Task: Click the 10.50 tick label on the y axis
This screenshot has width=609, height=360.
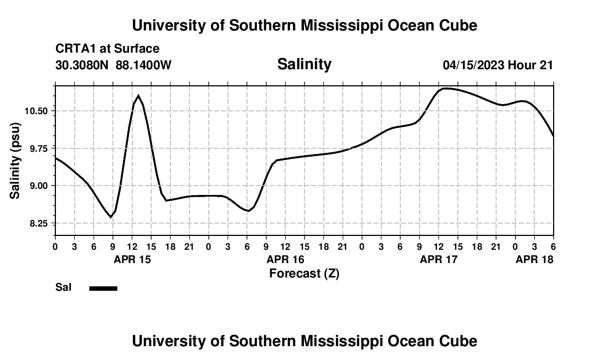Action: pos(36,111)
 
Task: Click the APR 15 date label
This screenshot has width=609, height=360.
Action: pos(132,259)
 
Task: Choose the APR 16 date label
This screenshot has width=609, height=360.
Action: pos(286,259)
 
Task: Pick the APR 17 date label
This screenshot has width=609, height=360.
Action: pos(439,259)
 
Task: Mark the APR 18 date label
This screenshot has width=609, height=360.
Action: pos(534,259)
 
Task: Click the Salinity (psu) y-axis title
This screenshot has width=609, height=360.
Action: pos(15,162)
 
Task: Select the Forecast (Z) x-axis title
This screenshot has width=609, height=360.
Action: pos(304,273)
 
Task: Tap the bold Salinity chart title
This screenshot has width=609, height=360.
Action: pos(304,64)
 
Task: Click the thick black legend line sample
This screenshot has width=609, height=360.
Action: pos(104,288)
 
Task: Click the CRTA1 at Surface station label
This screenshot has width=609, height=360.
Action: pos(107,49)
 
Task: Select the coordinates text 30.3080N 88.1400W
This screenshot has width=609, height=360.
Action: pos(113,65)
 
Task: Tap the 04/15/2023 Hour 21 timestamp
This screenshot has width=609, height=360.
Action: pos(498,65)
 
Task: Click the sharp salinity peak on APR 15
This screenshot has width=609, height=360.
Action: pos(138,95)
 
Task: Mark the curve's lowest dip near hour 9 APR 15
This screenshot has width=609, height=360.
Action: pos(111,217)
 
